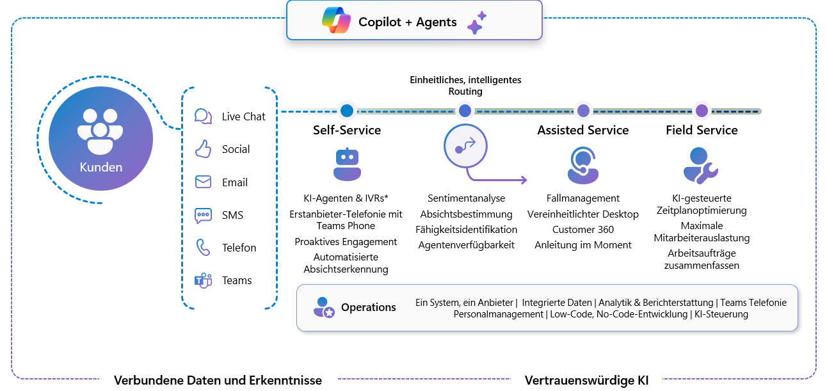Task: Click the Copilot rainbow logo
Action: pos(337,21)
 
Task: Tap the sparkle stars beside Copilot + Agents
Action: pos(477,22)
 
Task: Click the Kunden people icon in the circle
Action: pos(100,131)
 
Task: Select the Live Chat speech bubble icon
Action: pos(203,116)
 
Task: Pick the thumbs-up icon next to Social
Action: pos(203,149)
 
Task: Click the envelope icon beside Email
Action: pos(203,182)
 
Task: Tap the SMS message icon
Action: pos(203,215)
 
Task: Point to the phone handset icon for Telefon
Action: pos(203,248)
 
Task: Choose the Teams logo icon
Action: pos(203,280)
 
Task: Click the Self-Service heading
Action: pos(347,130)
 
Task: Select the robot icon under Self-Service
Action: pos(347,165)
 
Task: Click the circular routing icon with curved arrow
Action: pos(465,146)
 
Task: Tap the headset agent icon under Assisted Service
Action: pos(583,165)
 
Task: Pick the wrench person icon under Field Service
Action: pos(701,165)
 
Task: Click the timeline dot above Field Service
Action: pos(702,111)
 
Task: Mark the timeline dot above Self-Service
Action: pos(347,111)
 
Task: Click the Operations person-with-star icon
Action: pos(324,307)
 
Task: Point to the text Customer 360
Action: pos(583,229)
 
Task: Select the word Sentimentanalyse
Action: pos(466,198)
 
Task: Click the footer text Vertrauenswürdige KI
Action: pos(586,380)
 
